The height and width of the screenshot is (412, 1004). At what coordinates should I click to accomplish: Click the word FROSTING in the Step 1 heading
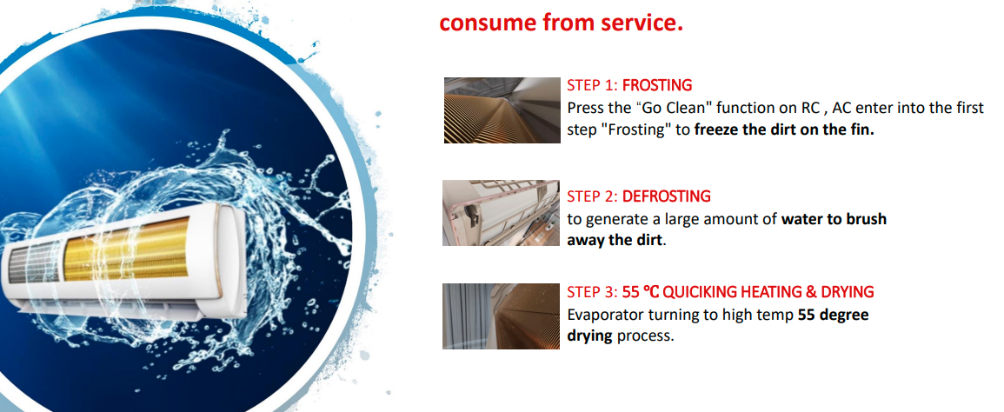pyautogui.click(x=657, y=85)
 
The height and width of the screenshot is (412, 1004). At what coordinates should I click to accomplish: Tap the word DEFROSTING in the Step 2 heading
pyautogui.click(x=667, y=196)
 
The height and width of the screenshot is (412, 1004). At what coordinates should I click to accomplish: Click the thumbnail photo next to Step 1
pyautogui.click(x=502, y=110)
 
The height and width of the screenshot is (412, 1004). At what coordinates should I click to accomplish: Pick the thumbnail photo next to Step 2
pyautogui.click(x=502, y=213)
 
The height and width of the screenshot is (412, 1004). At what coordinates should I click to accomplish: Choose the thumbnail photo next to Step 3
pyautogui.click(x=502, y=316)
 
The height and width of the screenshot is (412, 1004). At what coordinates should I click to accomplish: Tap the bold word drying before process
pyautogui.click(x=589, y=336)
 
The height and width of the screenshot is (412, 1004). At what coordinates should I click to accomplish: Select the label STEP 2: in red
pyautogui.click(x=592, y=196)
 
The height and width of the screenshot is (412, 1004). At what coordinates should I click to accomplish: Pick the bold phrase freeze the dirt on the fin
pyautogui.click(x=784, y=130)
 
